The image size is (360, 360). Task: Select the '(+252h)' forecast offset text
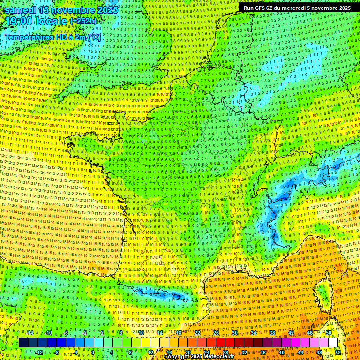pyautogui.click(x=83, y=21)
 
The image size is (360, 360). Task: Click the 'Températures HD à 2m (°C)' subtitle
pyautogui.click(x=53, y=37)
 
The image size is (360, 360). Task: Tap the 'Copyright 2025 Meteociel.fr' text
pyautogui.click(x=199, y=357)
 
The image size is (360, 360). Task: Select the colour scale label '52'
pyautogui.click(x=338, y=352)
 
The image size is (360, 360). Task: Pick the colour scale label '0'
pyautogui.click(x=93, y=352)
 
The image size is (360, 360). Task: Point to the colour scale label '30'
pyautogui.click(x=235, y=333)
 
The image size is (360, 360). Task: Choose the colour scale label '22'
pyautogui.click(x=197, y=333)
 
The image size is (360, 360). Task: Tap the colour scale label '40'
pyautogui.click(x=282, y=352)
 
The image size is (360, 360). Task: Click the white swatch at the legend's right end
pyautogui.click(x=333, y=343)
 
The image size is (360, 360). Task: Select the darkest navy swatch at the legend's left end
pyautogui.click(x=23, y=343)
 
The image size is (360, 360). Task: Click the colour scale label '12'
pyautogui.click(x=150, y=352)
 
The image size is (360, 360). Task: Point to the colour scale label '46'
pyautogui.click(x=310, y=333)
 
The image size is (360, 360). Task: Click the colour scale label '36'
pyautogui.click(x=263, y=352)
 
